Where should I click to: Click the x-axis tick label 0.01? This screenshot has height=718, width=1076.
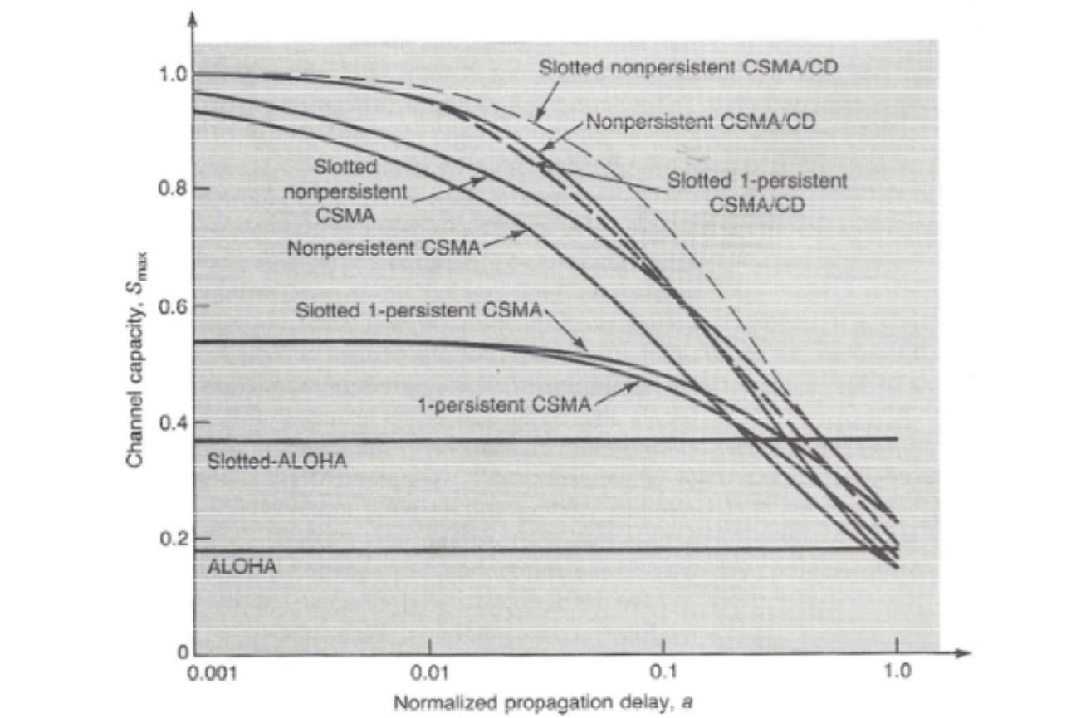click(x=429, y=671)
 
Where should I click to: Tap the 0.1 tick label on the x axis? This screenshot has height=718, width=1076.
click(x=663, y=671)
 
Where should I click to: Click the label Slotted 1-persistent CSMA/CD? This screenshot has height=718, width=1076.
click(x=757, y=193)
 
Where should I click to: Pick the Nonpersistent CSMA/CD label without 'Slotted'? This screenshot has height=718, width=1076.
click(x=701, y=122)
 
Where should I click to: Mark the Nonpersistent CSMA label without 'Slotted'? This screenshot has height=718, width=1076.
click(x=384, y=247)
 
